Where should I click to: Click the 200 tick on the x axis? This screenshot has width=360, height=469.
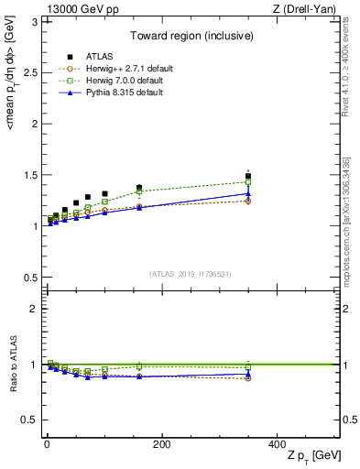[x=161, y=444]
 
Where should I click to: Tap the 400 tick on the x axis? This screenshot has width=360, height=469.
[x=277, y=444]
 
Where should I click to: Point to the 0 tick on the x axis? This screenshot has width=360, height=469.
[x=47, y=444]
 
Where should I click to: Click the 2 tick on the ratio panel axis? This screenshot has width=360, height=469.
[x=36, y=309]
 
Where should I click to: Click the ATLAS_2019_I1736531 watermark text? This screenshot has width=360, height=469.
[x=190, y=273]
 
